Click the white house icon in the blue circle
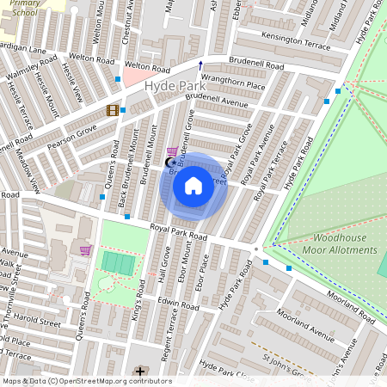pos(193,185)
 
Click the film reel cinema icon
pos(112,110)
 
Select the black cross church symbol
pos(140,372)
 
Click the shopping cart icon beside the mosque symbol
pos(172,150)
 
